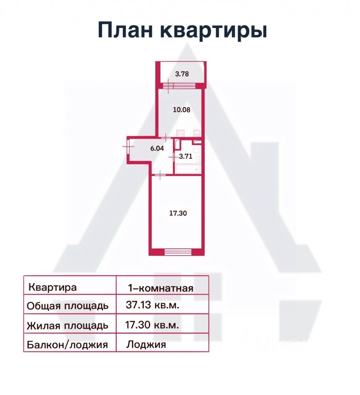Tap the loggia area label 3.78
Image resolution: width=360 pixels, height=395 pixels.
182,74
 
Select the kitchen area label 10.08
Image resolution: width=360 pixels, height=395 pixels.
181,110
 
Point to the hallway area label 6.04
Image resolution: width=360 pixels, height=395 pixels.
157,149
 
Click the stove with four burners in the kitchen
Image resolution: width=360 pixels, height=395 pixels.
181,133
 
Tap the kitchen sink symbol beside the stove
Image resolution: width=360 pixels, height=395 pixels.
197,133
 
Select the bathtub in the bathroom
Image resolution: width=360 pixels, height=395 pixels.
187,168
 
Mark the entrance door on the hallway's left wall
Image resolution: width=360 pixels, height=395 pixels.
128,145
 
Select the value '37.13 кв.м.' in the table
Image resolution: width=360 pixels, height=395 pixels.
152,305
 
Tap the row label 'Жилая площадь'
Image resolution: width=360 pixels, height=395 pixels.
67,325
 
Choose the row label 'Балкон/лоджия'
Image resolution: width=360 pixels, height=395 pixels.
67,344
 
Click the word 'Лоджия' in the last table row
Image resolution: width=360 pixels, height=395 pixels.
146,344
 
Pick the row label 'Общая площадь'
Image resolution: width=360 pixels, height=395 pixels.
67,306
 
